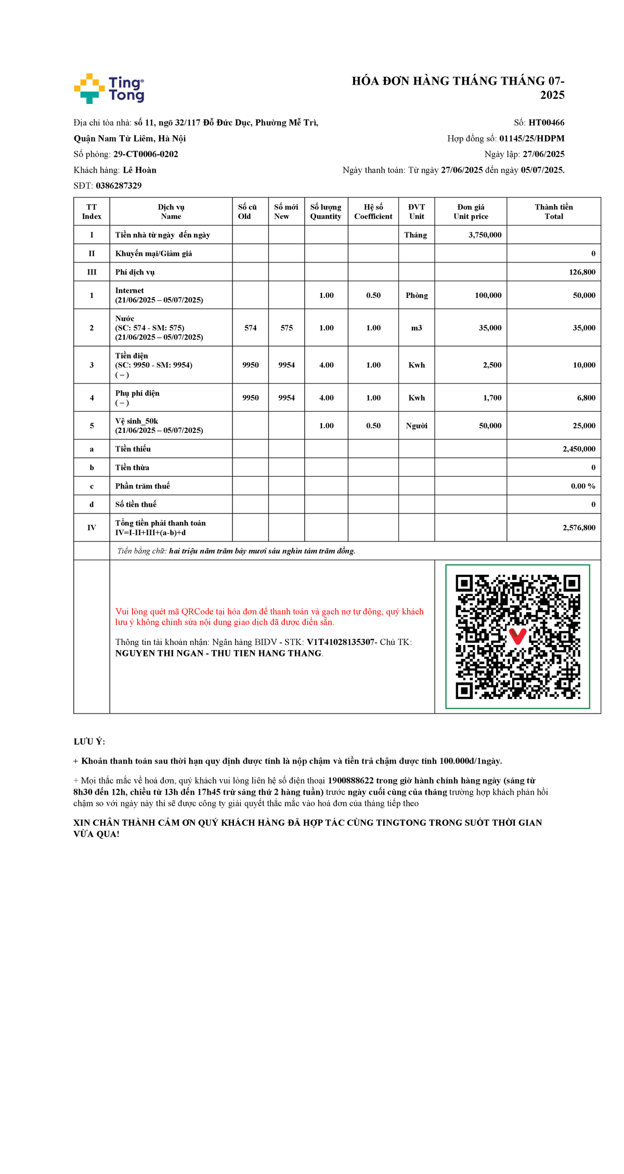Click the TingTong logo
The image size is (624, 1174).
tap(109, 88)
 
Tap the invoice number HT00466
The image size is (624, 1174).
tap(546, 123)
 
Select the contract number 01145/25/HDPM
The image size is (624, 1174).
tap(531, 138)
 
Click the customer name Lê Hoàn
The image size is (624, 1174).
tap(139, 170)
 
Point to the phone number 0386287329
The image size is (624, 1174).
tap(119, 186)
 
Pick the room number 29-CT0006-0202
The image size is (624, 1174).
tap(146, 154)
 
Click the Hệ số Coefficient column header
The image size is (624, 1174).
tap(373, 212)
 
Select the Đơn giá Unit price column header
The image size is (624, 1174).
tap(471, 212)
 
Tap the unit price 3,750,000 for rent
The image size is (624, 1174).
tap(485, 235)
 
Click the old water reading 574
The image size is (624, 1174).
tap(251, 328)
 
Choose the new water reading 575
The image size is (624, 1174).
tap(287, 328)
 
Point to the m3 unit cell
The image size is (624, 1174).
tap(417, 328)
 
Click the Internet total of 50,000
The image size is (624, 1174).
tap(584, 295)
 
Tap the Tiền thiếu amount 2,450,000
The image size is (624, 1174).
tap(579, 449)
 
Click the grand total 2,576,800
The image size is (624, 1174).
tap(579, 527)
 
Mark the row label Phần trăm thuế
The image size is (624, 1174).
tap(142, 486)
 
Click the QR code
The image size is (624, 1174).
tap(517, 637)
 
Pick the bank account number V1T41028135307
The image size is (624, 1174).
tap(341, 642)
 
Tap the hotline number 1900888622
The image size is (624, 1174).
tap(350, 781)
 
